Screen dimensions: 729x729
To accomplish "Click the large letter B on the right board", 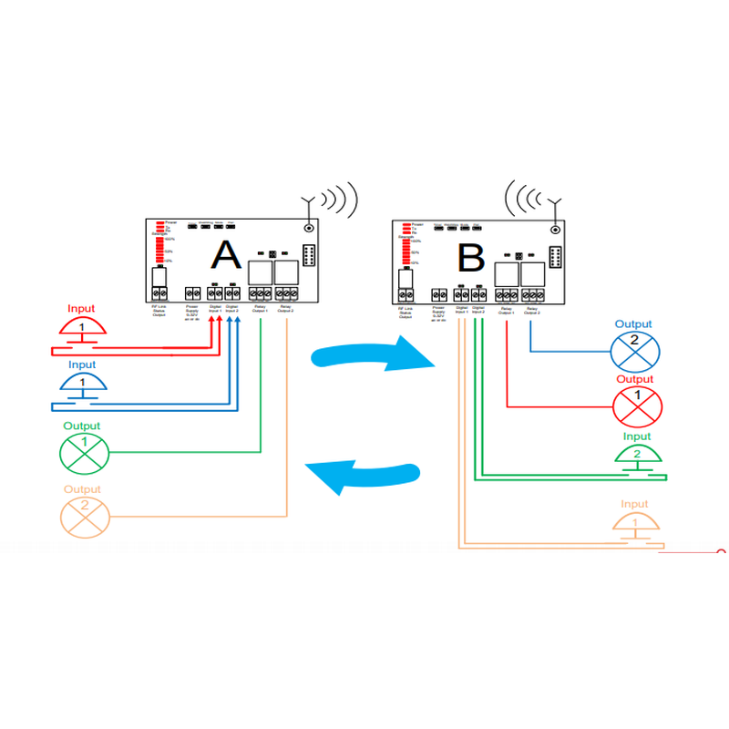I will coord(471,259).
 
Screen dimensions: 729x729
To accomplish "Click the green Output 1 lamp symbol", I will coord(84,453).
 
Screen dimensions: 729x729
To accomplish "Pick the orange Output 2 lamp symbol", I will coord(84,517).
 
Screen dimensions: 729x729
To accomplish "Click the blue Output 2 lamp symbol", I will coord(635,351).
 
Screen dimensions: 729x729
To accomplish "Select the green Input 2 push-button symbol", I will coord(637,457).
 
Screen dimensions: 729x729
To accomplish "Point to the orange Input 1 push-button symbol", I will coord(635,525).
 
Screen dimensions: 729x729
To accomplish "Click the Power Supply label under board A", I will coord(192,313).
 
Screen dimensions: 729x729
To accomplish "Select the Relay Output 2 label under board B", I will coord(532,311).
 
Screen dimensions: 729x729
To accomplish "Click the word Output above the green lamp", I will coord(82,426).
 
